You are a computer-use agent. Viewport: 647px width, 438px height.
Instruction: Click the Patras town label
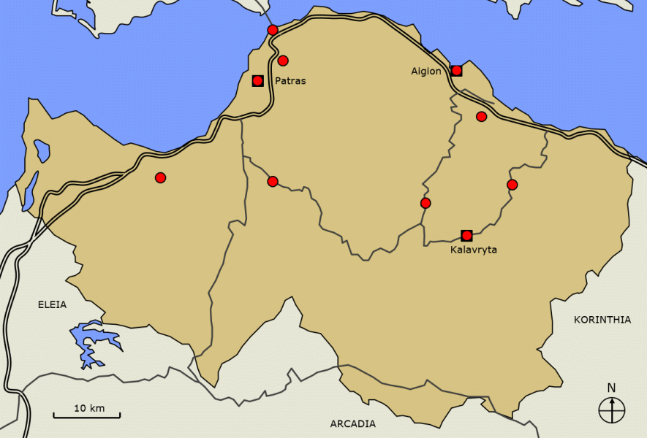coord(290,81)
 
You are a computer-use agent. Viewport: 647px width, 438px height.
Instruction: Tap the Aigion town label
coord(426,72)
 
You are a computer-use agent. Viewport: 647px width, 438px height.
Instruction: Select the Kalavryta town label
coord(473,250)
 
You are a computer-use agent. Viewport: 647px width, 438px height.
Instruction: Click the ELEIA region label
coord(52,304)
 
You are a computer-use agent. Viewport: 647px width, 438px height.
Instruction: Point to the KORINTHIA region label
coord(601,320)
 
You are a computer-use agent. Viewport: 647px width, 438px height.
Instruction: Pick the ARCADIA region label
coord(352,423)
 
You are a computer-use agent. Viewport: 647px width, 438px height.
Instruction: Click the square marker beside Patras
coord(257,80)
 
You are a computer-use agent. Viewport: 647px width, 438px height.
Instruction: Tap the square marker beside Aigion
coord(457,70)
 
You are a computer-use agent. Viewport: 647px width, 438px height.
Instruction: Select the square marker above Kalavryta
coord(466,235)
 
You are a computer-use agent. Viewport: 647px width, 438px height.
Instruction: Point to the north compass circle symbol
coord(612,410)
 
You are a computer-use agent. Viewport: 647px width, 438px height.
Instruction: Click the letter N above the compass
coord(611,388)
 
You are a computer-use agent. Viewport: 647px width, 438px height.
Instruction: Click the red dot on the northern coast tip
coord(273,30)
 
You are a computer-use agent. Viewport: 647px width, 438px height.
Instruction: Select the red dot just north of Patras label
coord(283,61)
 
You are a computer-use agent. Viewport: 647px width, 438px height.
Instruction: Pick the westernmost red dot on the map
coord(160,177)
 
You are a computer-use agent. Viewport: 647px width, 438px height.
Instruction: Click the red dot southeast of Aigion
coord(481,116)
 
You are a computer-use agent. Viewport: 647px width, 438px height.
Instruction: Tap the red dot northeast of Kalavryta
coord(512,185)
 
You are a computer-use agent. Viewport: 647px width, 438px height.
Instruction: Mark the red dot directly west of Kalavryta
coord(425,203)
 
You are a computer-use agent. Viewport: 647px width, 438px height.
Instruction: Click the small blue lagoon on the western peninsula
coord(41,151)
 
